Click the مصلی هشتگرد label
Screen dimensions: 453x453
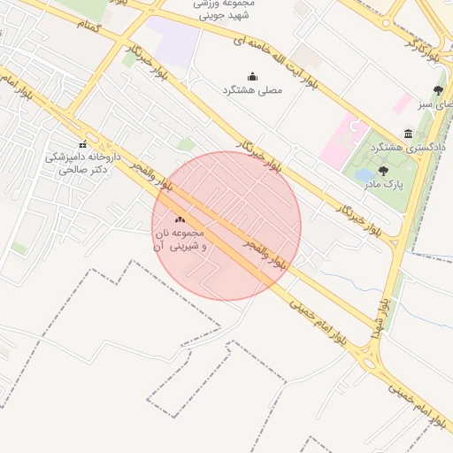[254, 90]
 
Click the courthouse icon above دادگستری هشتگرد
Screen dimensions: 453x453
[408, 134]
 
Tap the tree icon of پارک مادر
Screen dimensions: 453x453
[383, 172]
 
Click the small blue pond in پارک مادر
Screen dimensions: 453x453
[364, 175]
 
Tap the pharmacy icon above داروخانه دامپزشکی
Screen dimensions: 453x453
[82, 144]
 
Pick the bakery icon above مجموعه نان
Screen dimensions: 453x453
[180, 219]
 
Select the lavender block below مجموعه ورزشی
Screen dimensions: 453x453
[174, 42]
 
